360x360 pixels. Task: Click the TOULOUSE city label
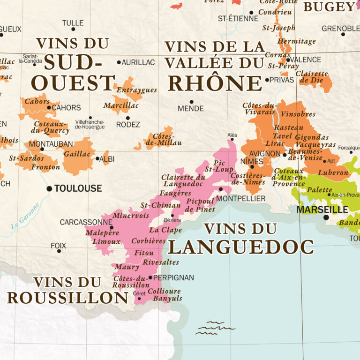(x=78, y=188)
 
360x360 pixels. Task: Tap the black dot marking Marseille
(x=326, y=217)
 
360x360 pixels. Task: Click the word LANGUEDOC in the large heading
(x=241, y=246)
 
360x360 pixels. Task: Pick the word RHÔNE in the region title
(x=215, y=83)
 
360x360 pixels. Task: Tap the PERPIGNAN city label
(x=173, y=277)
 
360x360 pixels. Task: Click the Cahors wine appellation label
(x=37, y=101)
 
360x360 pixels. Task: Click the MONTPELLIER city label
(x=241, y=199)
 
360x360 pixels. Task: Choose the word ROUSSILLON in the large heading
(x=67, y=298)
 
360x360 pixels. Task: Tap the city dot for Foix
(x=59, y=251)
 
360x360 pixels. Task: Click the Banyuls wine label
(x=167, y=298)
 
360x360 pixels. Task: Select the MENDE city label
(x=191, y=109)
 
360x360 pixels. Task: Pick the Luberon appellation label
(x=333, y=172)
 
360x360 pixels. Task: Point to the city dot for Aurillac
(x=119, y=62)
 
